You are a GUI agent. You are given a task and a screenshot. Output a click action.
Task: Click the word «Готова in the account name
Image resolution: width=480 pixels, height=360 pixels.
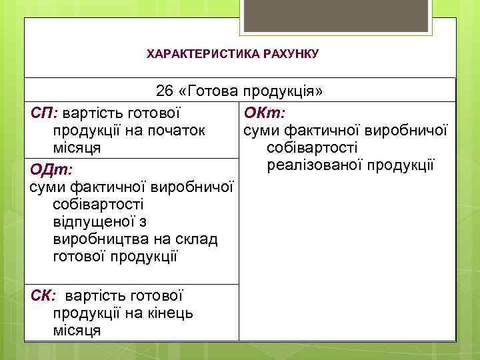pyautogui.click(x=209, y=91)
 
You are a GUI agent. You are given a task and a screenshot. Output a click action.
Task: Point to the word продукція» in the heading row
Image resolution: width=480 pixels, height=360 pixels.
pyautogui.click(x=283, y=91)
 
